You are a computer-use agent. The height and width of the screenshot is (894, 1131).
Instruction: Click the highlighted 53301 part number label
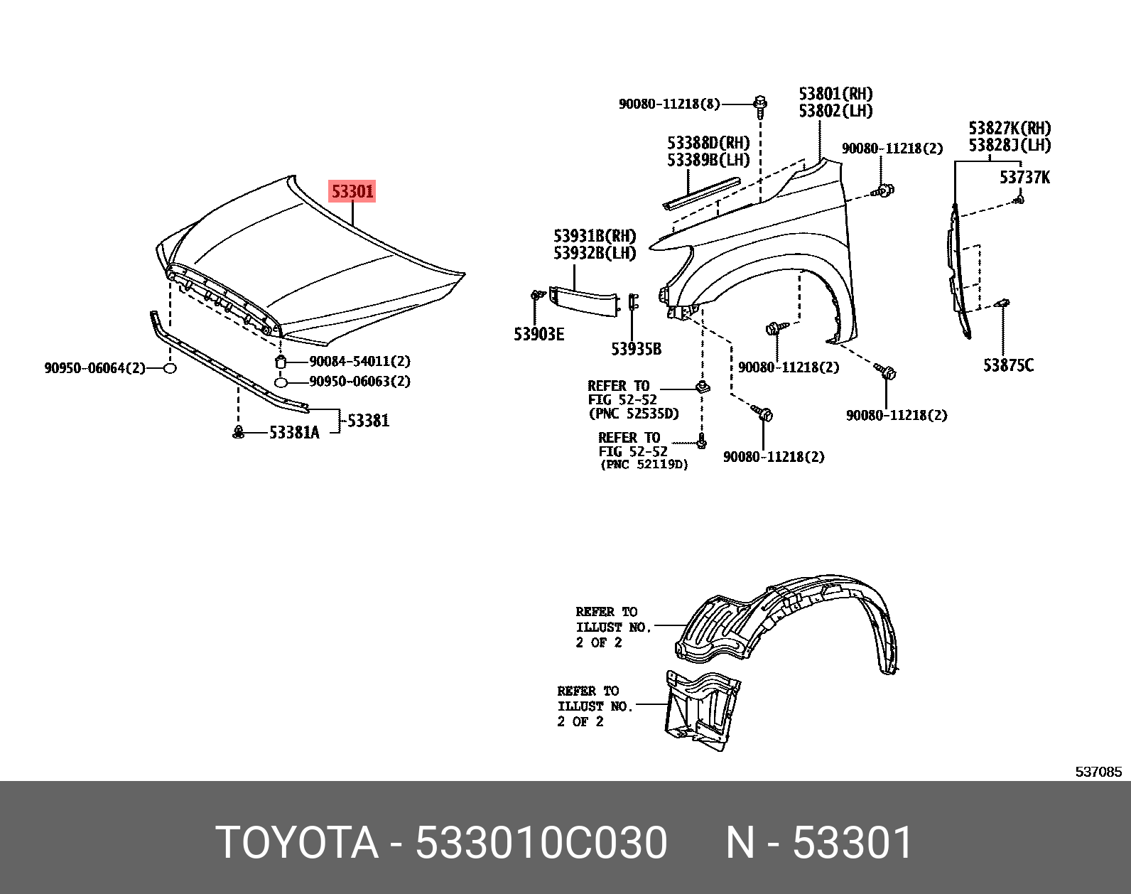352,191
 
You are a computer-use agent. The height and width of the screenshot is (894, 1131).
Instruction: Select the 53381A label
294,432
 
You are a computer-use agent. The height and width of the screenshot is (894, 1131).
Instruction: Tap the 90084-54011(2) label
359,361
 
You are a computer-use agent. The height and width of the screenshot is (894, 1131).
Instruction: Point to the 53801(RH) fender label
835,95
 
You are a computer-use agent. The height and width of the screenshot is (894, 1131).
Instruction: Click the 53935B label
636,349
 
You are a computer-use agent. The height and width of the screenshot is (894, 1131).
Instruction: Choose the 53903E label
539,334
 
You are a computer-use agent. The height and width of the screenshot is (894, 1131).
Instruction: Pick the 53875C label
1008,365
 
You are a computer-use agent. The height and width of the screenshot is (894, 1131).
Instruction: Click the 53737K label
1024,177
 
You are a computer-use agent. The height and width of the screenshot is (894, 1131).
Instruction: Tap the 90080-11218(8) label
669,104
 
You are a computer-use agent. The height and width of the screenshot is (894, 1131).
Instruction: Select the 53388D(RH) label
708,144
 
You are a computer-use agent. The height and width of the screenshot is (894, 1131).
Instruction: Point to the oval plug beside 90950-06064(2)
169,368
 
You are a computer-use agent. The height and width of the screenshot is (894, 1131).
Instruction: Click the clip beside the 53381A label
239,431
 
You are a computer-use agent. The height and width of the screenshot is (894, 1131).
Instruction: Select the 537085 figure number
1098,772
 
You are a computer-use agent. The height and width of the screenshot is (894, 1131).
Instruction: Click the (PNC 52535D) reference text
634,414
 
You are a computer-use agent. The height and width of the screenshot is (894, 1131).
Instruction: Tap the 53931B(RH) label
595,236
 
